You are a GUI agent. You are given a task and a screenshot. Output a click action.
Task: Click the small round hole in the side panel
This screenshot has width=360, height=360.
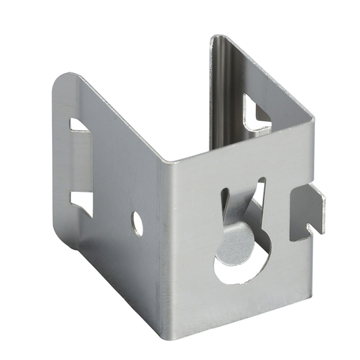coord(137,223)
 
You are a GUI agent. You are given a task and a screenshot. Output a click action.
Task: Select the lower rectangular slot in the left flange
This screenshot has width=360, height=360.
coord(81,201)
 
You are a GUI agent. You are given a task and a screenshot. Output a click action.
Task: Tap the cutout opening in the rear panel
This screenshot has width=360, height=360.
coord(257,112)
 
